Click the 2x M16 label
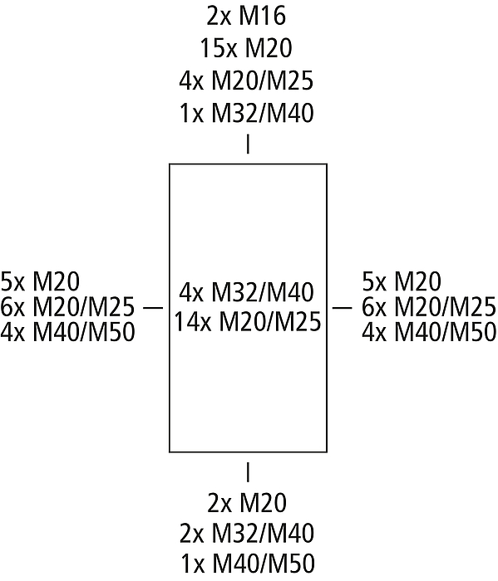246,17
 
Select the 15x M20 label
246,48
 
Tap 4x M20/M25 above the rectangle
246,81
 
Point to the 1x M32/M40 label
246,113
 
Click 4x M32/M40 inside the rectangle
246,292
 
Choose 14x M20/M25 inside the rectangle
248,321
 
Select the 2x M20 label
247,503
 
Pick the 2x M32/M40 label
247,534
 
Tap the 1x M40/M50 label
248,564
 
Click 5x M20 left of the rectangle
40,281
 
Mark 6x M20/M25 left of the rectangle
67,307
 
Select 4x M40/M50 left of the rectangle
67,332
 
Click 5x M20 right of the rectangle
402,281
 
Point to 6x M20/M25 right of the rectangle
429,307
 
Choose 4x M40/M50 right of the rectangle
429,332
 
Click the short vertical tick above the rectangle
248,144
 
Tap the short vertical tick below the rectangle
248,472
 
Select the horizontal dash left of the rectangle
153,308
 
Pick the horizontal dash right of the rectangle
342,308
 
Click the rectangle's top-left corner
170,164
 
